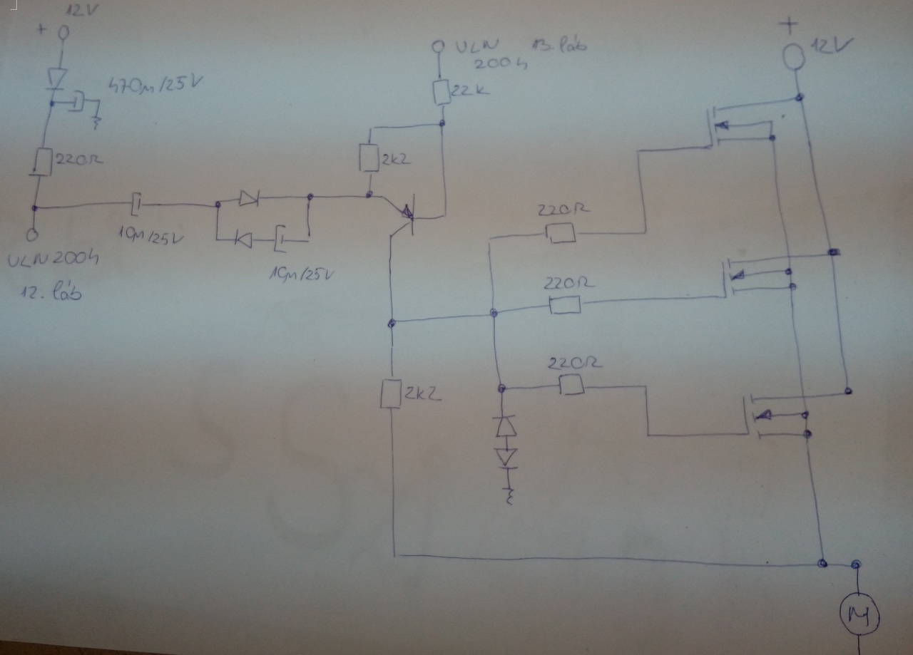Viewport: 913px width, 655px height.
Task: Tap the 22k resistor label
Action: tap(471, 90)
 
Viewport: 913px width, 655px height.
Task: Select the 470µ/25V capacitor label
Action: tap(154, 86)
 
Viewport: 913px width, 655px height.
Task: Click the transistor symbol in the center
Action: tap(408, 212)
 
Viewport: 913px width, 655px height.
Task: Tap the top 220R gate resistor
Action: tap(561, 232)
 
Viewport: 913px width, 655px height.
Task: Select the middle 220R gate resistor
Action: tap(565, 305)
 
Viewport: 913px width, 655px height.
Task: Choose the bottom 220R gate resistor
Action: tap(571, 386)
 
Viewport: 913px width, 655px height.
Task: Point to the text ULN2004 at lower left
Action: tap(53, 260)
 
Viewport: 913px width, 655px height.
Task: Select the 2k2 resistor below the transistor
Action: tap(391, 393)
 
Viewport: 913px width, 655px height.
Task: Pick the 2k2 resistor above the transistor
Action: tap(369, 158)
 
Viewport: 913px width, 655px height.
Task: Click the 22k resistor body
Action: tap(442, 91)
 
